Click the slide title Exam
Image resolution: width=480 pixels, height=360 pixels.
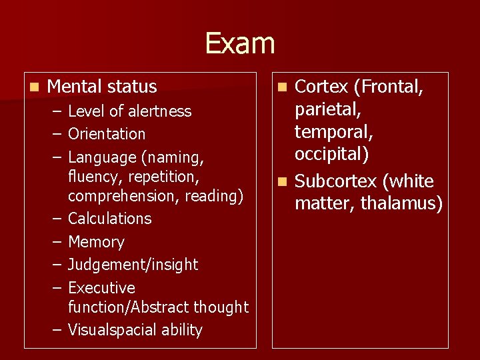pyautogui.click(x=239, y=43)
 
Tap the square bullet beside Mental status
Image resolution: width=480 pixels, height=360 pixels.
pyautogui.click(x=34, y=87)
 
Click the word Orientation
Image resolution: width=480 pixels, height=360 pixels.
pyautogui.click(x=107, y=134)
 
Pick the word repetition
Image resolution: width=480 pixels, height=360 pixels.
pyautogui.click(x=167, y=177)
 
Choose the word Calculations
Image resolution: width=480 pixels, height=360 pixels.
pyautogui.click(x=110, y=219)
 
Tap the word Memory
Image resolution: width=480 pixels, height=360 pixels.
pyautogui.click(x=96, y=242)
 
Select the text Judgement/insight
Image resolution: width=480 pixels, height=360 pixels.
pyautogui.click(x=133, y=265)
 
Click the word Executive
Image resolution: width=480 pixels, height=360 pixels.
pyautogui.click(x=101, y=288)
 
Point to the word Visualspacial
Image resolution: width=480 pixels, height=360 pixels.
pyautogui.click(x=111, y=330)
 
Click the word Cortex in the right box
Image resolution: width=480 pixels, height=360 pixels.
pyautogui.click(x=321, y=87)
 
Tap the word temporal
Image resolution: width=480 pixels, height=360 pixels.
pyautogui.click(x=333, y=131)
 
